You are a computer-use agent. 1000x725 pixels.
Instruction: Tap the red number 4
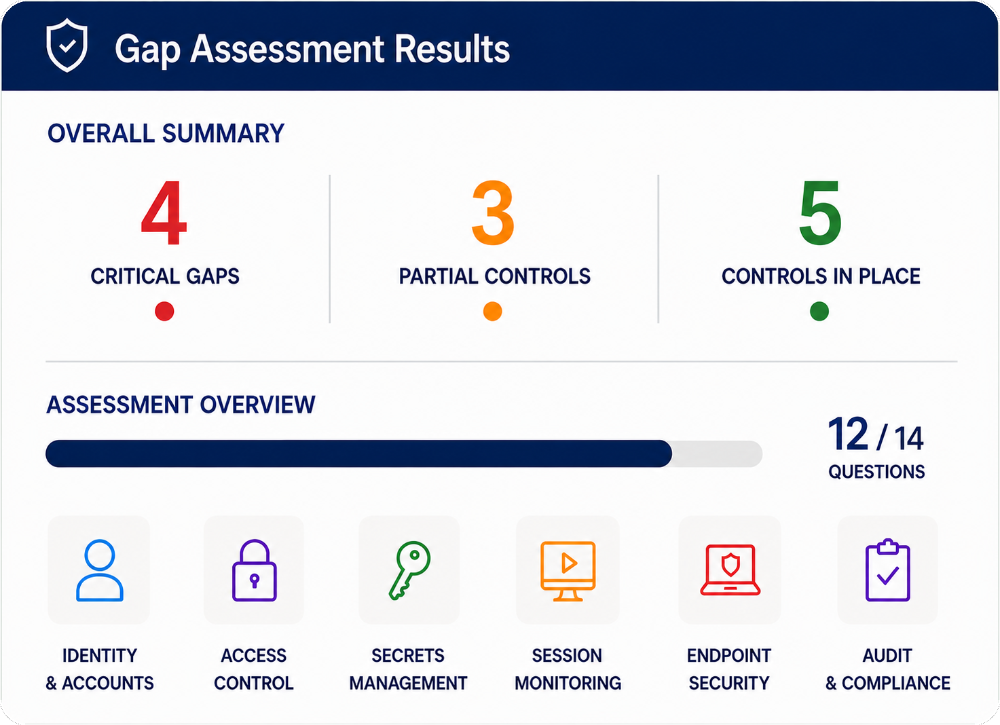click(x=164, y=213)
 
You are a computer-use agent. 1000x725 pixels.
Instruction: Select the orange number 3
click(x=493, y=213)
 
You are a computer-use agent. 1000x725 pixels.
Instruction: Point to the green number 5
click(x=820, y=213)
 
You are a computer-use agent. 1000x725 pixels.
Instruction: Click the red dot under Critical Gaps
click(x=164, y=311)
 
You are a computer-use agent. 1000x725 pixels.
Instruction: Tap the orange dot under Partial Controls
click(x=492, y=311)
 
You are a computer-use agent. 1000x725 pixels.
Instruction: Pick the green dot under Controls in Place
click(x=819, y=311)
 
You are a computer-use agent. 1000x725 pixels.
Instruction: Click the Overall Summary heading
click(x=166, y=133)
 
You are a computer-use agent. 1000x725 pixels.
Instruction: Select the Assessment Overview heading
click(x=181, y=405)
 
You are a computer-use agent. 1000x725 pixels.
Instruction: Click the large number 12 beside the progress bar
click(x=848, y=434)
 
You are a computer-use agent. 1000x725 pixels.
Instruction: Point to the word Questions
click(x=876, y=472)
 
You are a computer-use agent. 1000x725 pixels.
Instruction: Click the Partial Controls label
click(x=495, y=276)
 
